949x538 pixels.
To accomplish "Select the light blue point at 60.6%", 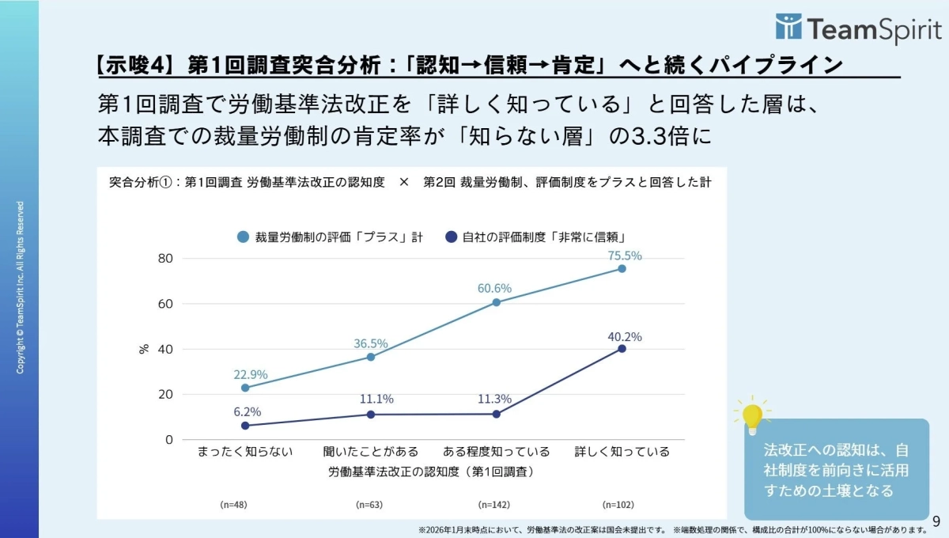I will [x=496, y=302].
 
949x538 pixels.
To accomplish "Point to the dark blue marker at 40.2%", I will [x=622, y=349].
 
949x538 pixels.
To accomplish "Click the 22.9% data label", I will [x=250, y=374].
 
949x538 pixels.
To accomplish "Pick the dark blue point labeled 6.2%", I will [x=245, y=426].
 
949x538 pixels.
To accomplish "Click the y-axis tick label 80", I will [x=165, y=258].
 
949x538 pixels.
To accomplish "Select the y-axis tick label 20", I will [x=165, y=394].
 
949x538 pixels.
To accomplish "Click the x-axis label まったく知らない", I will [x=245, y=452].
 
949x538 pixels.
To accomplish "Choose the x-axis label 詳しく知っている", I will [x=622, y=452].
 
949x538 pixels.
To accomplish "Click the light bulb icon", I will [x=752, y=415].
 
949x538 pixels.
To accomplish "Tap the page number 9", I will [x=936, y=521].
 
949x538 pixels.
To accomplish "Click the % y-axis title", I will [x=144, y=348].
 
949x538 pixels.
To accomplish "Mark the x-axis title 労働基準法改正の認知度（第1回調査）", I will [x=430, y=472].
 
